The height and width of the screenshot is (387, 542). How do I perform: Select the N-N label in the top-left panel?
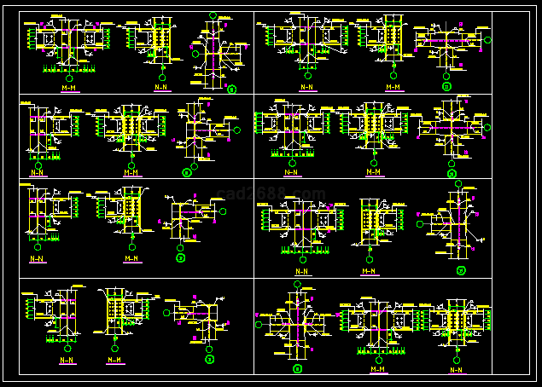click(x=160, y=87)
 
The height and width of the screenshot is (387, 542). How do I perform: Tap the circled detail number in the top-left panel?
click(x=231, y=88)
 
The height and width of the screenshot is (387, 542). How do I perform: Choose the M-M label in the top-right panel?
click(x=393, y=86)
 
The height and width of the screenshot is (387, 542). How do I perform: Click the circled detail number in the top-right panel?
click(x=446, y=86)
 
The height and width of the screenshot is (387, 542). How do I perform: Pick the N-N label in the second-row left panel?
click(x=38, y=172)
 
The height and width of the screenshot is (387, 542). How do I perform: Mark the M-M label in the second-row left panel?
click(x=131, y=172)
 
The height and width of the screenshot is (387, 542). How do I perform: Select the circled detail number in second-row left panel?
click(x=187, y=173)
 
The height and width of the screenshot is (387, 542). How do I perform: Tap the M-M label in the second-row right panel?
click(x=373, y=171)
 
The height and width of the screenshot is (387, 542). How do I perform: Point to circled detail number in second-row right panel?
click(x=452, y=173)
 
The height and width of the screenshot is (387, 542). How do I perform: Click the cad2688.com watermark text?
click(x=271, y=193)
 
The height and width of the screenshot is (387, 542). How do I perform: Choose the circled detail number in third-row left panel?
click(x=181, y=257)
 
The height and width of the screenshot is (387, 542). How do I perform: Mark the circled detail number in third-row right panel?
click(x=461, y=272)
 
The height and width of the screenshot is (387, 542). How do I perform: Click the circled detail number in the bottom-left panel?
click(x=209, y=360)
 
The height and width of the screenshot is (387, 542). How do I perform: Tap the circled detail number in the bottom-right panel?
click(x=297, y=369)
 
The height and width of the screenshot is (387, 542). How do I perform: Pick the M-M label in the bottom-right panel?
click(x=376, y=369)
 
